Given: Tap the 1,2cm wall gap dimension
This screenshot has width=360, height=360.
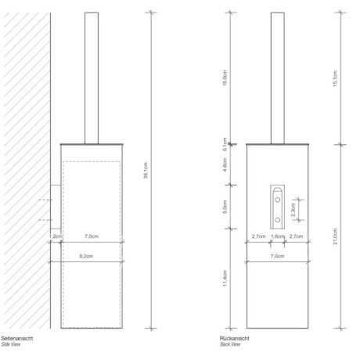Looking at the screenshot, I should tap(56, 236).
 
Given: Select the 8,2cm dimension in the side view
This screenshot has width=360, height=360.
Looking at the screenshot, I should tap(87, 256).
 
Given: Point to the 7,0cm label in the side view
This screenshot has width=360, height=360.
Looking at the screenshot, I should tap(91, 236).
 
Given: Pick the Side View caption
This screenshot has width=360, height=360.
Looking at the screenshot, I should tap(11, 344).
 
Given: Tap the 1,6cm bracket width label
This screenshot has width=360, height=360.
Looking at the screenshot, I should tap(277, 236).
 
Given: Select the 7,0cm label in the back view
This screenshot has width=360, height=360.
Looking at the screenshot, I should tap(277, 256).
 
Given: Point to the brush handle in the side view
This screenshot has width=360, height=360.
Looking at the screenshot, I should tap(91, 78).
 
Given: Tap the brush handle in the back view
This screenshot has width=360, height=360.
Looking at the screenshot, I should tap(278, 78).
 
